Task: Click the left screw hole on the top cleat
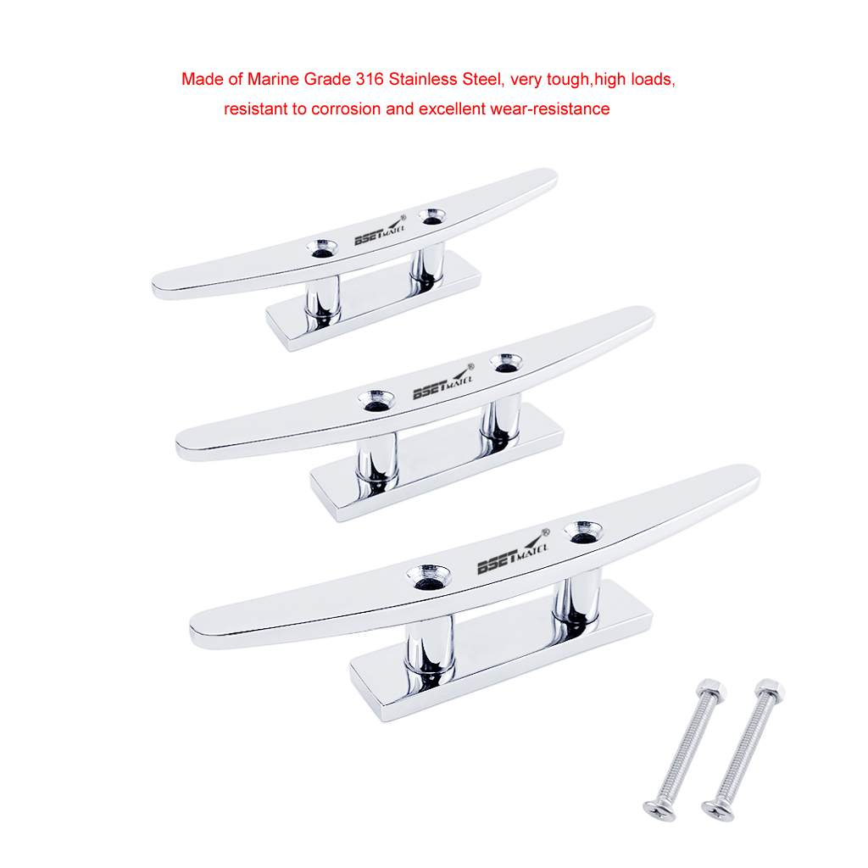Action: click(322, 248)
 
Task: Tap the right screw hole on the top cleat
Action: click(432, 215)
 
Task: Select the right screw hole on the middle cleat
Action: click(507, 362)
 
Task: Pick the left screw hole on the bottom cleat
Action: click(427, 576)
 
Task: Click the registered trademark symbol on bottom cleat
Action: click(544, 531)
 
